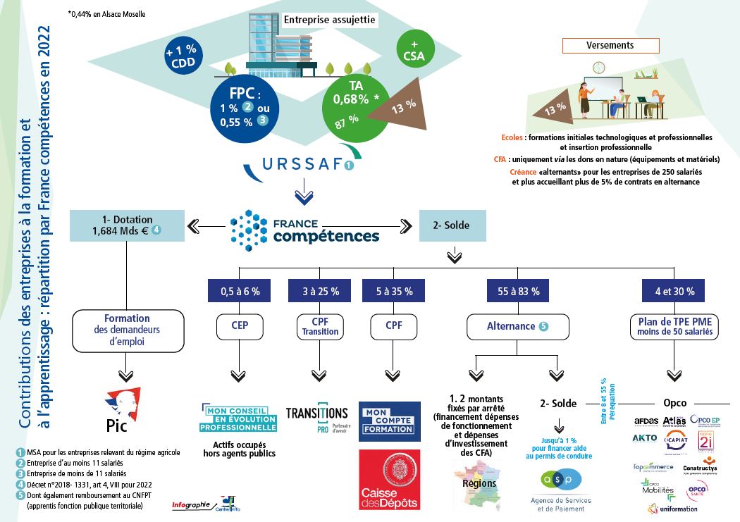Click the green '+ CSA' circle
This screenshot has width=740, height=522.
[x=414, y=49]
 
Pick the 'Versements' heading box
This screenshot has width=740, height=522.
[x=610, y=45]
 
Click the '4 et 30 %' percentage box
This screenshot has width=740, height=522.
[x=674, y=290]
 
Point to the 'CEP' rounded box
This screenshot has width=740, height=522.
[x=238, y=326]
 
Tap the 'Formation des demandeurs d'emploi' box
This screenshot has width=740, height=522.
[x=127, y=328]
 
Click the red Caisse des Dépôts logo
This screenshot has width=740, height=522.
[x=390, y=480]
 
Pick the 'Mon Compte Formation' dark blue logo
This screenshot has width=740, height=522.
[x=390, y=421]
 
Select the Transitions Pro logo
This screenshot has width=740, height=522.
[x=317, y=416]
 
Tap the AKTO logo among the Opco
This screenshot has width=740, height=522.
[x=645, y=437]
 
